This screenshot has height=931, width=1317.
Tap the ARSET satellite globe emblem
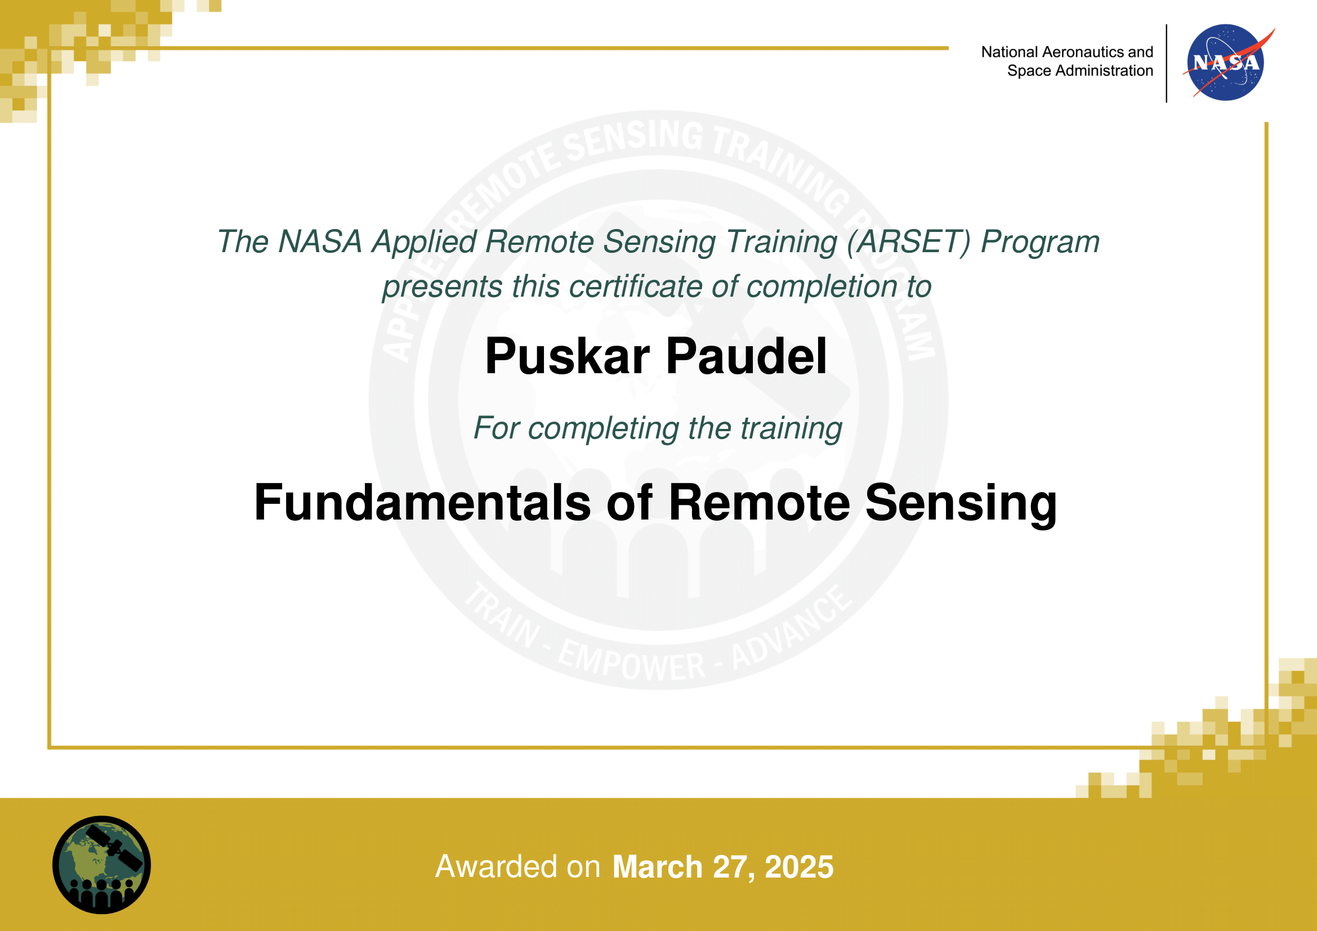(x=101, y=865)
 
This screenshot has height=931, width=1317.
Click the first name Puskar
(x=568, y=356)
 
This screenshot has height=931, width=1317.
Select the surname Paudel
(x=746, y=356)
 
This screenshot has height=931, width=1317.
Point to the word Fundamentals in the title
(x=422, y=502)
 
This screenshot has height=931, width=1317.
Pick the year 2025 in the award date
(x=799, y=866)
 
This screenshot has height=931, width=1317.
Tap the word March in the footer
(x=657, y=866)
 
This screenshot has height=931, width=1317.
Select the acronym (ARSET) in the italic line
(x=909, y=242)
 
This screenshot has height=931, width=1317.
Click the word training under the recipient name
(x=792, y=429)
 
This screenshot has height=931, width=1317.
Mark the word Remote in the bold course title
(x=759, y=502)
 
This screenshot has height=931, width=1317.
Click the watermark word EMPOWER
(x=631, y=663)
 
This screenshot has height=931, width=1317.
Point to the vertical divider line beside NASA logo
(x=1166, y=63)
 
